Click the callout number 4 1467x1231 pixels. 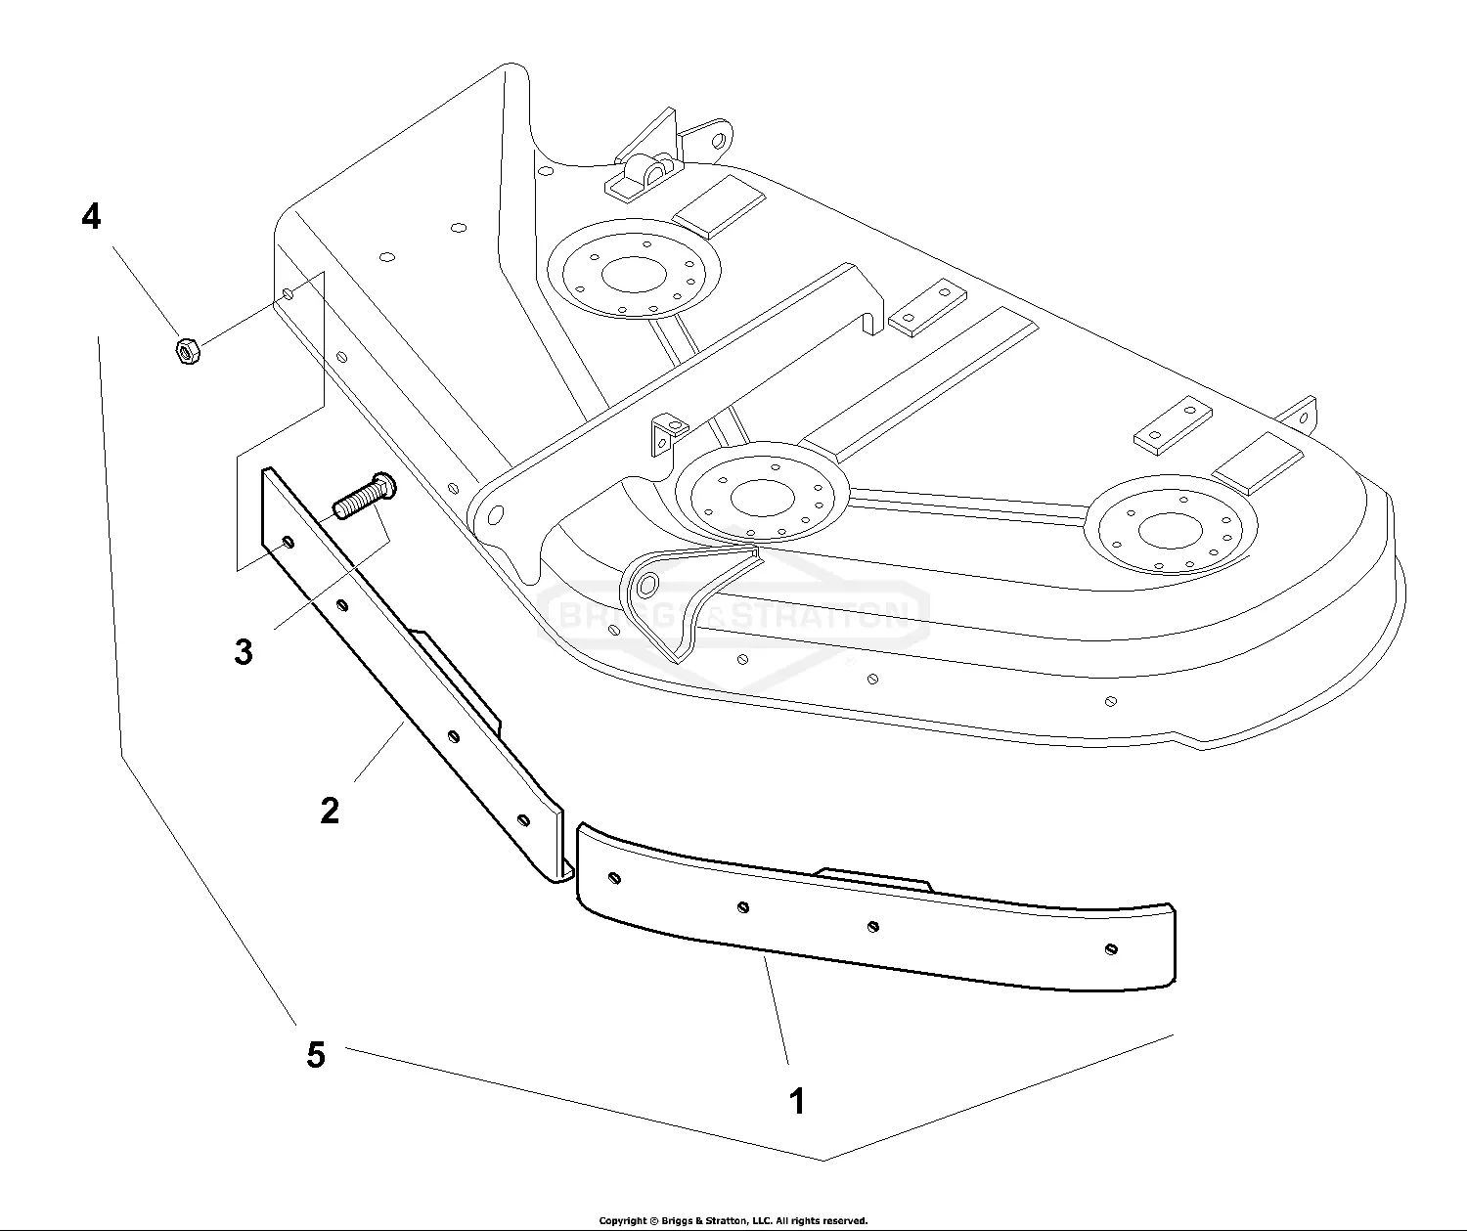pyautogui.click(x=91, y=217)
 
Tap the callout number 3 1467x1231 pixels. pyautogui.click(x=244, y=651)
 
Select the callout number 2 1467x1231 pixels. pyautogui.click(x=330, y=811)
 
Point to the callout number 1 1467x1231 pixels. pyautogui.click(x=797, y=1101)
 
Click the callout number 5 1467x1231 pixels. pyautogui.click(x=315, y=1055)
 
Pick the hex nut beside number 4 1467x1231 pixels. pyautogui.click(x=187, y=350)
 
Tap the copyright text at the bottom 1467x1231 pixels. pyautogui.click(x=733, y=1220)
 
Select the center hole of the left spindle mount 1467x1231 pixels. pyautogui.click(x=633, y=274)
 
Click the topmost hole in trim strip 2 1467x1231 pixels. pyautogui.click(x=286, y=541)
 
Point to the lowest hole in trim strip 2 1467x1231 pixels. pyautogui.click(x=522, y=818)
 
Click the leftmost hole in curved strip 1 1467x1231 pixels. pyautogui.click(x=612, y=876)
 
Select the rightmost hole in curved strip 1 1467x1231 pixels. pyautogui.click(x=1111, y=947)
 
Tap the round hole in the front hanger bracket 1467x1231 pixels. pyautogui.click(x=645, y=586)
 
